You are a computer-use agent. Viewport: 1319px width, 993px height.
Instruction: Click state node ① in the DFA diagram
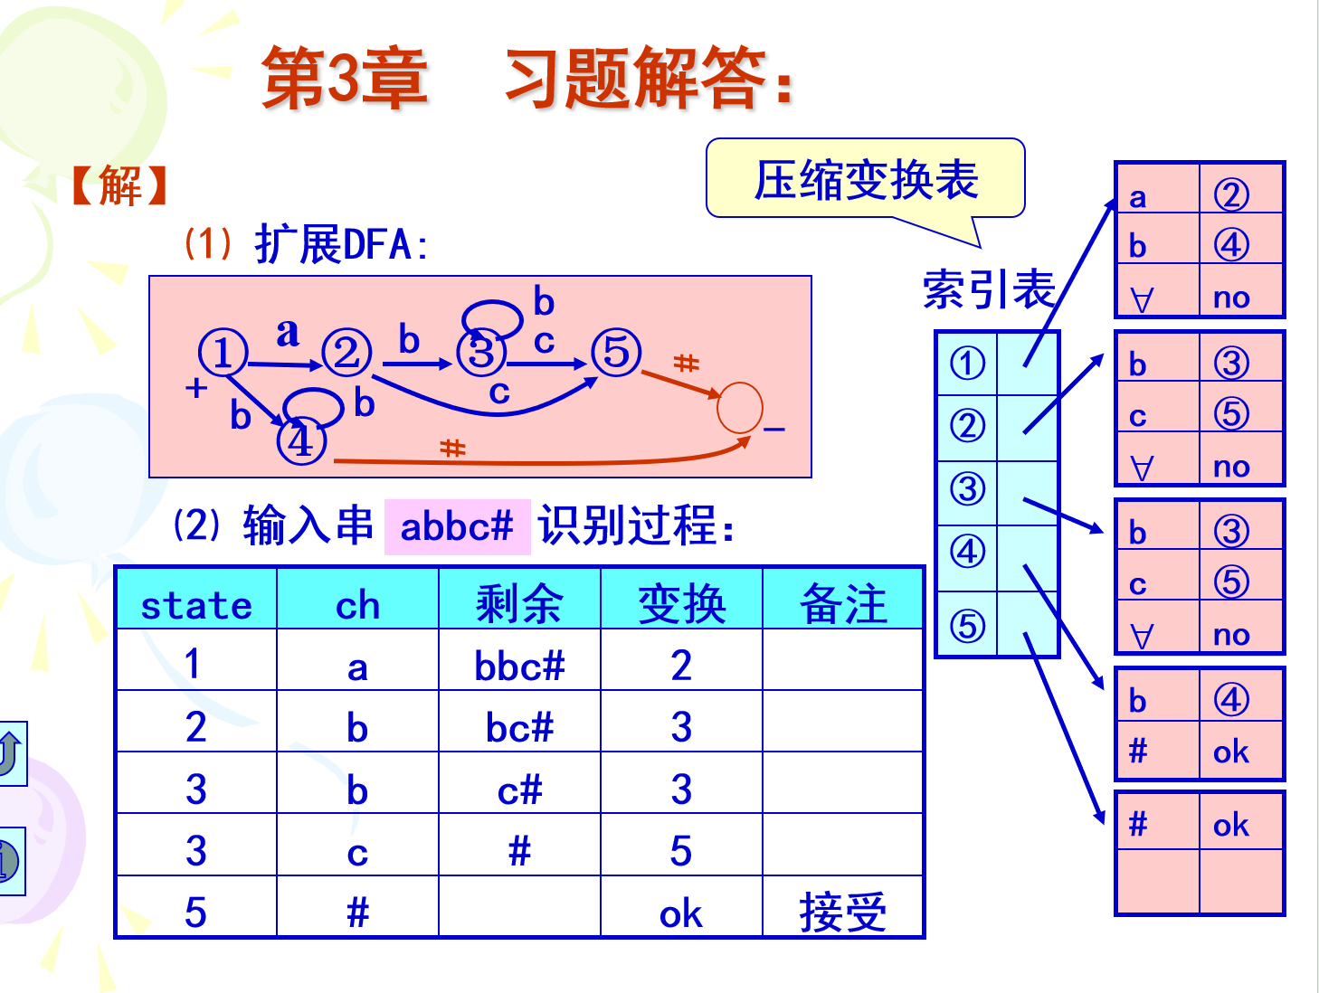tap(223, 353)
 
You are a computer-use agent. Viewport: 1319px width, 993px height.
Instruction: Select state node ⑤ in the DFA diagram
tap(616, 353)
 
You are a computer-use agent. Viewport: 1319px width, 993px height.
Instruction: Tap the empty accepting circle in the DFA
tap(739, 408)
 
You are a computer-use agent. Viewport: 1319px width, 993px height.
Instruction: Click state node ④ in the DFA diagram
tap(301, 442)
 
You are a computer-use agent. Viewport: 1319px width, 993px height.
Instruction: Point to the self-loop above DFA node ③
tap(492, 317)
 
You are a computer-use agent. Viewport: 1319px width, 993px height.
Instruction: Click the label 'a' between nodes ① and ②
tap(288, 332)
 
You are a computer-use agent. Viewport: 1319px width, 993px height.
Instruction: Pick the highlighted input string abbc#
tap(457, 526)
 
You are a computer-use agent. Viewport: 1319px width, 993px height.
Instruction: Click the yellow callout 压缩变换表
tap(866, 179)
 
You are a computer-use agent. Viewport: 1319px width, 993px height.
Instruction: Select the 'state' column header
tap(196, 604)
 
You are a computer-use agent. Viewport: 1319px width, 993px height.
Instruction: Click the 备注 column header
tap(843, 604)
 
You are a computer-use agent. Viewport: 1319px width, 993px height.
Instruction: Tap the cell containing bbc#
tap(519, 667)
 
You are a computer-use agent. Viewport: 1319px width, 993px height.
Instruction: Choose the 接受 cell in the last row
tap(843, 912)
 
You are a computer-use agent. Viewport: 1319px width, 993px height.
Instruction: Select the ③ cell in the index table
tap(967, 489)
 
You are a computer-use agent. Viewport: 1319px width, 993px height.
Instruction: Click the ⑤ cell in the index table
tap(967, 625)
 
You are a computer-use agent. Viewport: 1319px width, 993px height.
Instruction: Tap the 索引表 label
tap(989, 289)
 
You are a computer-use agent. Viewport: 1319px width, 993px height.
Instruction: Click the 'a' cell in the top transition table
tap(1138, 196)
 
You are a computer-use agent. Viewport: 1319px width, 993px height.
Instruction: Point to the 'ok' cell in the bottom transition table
tap(1231, 824)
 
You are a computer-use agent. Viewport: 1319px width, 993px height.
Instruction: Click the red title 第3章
tap(345, 79)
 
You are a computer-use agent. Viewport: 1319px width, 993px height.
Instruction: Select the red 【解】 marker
tap(120, 186)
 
